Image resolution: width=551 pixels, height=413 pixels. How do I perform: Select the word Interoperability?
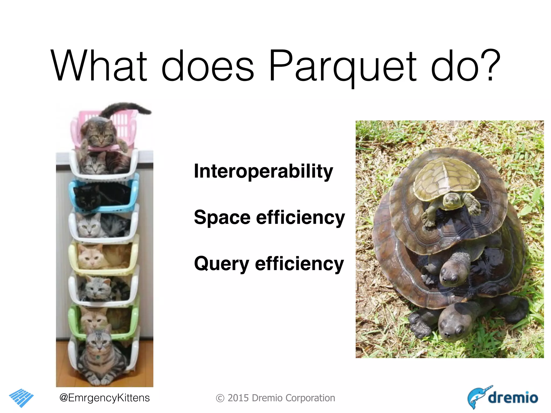tap(263, 172)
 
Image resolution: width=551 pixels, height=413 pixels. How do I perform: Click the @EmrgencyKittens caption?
tap(104, 397)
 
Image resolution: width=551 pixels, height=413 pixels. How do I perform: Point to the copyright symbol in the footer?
tap(220, 398)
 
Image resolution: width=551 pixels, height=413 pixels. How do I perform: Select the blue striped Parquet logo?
tap(21, 397)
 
